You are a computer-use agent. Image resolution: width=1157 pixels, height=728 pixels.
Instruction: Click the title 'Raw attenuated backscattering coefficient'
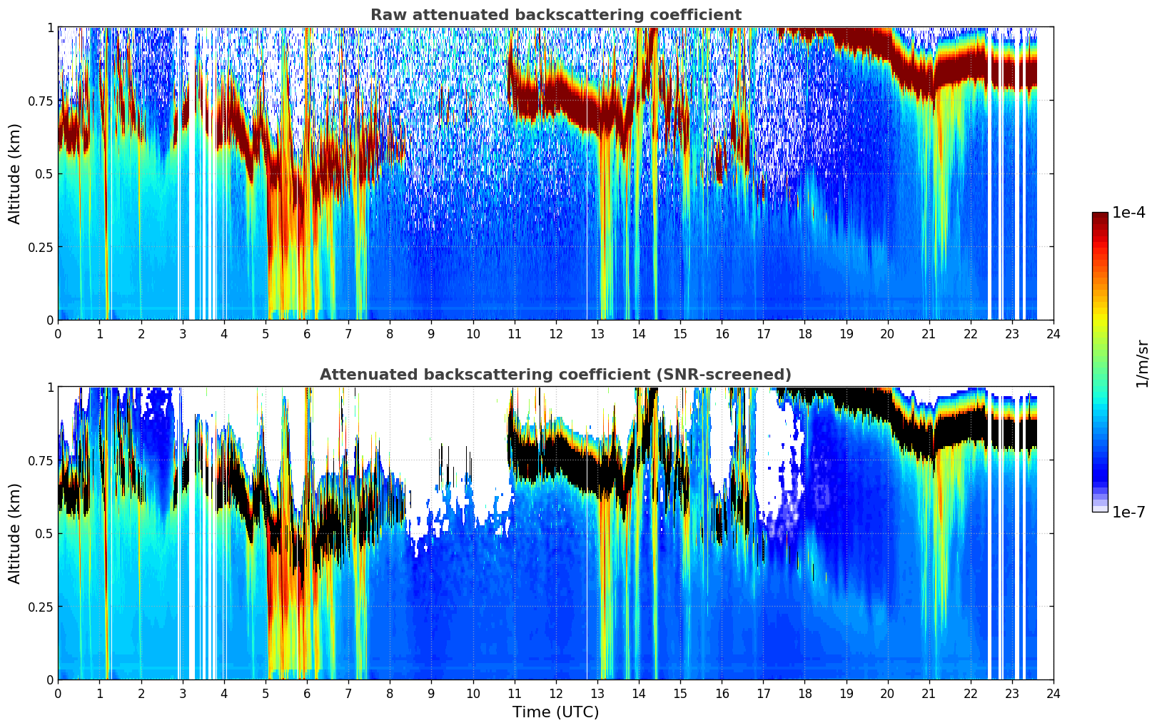point(555,15)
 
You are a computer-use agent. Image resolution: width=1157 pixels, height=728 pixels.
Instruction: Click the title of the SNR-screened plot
point(555,375)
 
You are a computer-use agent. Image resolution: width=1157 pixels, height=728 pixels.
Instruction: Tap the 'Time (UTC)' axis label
point(555,712)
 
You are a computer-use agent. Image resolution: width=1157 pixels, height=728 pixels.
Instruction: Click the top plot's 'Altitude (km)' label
point(15,173)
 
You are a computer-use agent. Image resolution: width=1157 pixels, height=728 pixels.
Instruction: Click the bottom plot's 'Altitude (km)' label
point(15,533)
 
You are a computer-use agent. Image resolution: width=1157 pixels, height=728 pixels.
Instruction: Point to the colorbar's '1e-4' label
point(1128,213)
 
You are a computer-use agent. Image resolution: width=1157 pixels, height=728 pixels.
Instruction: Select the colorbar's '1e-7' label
point(1128,512)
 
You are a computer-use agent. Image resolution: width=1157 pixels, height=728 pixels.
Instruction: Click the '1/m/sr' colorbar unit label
point(1142,363)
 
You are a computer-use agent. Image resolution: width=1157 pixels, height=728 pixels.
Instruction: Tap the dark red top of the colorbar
point(1100,217)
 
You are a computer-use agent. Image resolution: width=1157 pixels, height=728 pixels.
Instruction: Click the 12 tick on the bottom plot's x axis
point(556,693)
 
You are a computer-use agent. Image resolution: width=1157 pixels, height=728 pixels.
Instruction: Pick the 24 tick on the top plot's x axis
point(1054,333)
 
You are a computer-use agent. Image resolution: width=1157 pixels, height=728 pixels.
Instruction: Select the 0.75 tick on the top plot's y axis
point(40,101)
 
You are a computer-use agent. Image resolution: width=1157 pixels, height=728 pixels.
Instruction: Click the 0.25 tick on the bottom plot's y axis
point(40,607)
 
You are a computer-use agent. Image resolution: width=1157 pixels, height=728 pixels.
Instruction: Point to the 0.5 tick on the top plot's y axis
point(44,173)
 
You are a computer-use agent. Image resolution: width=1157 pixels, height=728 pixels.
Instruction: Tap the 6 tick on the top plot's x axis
point(307,333)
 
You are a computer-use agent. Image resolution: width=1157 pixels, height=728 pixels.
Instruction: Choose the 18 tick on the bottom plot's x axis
point(804,693)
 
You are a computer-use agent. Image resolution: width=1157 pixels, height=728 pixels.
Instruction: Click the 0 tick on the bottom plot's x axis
point(59,693)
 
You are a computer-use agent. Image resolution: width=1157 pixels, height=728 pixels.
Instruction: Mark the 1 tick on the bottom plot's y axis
point(50,387)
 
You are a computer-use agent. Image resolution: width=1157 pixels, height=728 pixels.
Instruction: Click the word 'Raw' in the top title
point(386,15)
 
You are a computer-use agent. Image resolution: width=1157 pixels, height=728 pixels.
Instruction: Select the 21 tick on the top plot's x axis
point(929,333)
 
